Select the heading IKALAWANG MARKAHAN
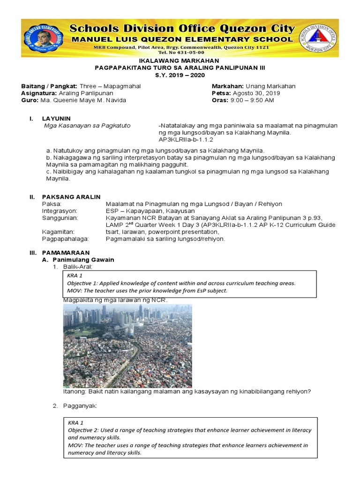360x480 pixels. pyautogui.click(x=180, y=61)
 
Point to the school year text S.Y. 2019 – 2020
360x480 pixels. pyautogui.click(x=180, y=75)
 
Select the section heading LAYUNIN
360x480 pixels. pyautogui.click(x=57, y=119)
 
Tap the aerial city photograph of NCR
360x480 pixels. pyautogui.click(x=127, y=345)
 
